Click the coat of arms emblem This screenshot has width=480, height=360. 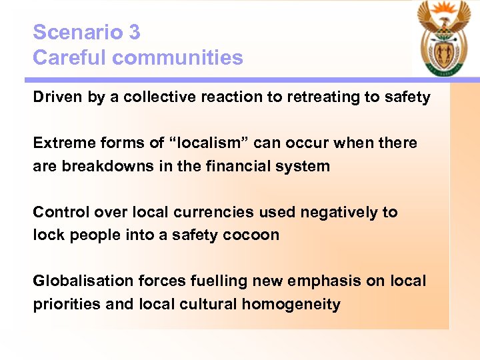[443, 39]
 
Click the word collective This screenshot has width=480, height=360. [147, 97]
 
